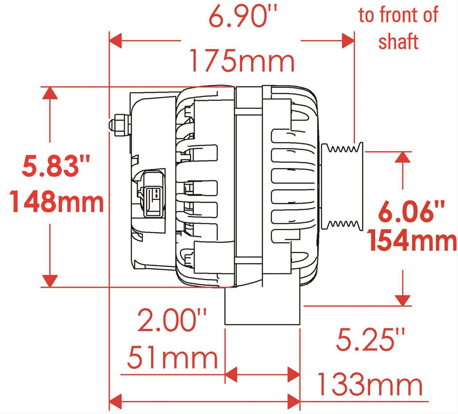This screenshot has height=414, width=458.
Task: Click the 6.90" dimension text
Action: coord(242,17)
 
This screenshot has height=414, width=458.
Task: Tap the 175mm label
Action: coord(242,61)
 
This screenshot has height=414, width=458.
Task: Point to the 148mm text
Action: coord(57,201)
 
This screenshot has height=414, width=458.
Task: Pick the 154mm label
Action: coord(412,240)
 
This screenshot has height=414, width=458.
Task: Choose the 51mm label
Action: coord(173,357)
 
